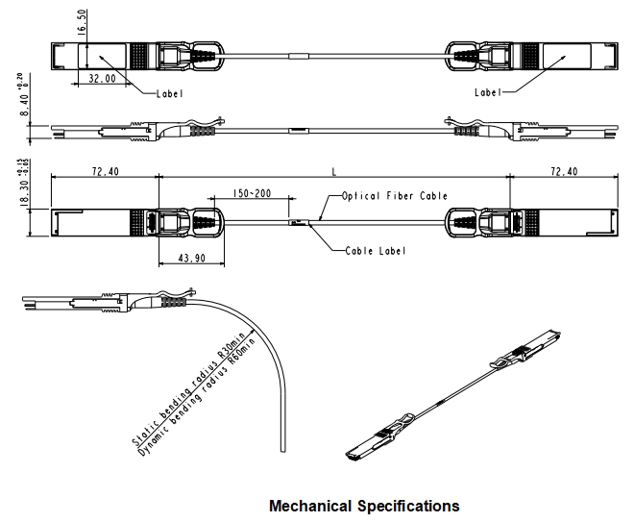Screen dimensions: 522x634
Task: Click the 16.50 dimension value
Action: tap(83, 22)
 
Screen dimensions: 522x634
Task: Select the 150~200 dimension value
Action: tap(251, 193)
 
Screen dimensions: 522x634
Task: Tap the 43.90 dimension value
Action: tap(193, 259)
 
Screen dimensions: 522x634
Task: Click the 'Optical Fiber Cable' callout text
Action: tap(395, 196)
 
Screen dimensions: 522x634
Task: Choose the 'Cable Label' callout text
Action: tap(376, 251)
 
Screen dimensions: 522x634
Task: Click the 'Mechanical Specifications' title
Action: tap(364, 505)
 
